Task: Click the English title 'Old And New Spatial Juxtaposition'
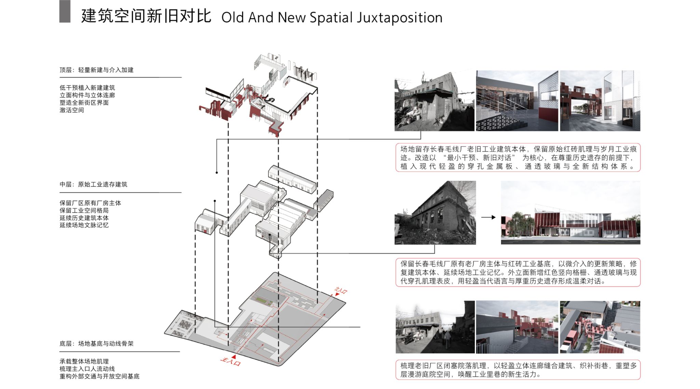[x=332, y=17]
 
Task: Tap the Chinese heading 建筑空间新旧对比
[x=146, y=16]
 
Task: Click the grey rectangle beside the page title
[x=65, y=11]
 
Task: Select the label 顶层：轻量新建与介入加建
[x=96, y=70]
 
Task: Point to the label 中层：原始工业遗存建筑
[x=93, y=184]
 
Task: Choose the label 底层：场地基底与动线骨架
[x=96, y=343]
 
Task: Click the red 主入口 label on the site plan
[x=230, y=361]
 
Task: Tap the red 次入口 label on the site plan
[x=340, y=291]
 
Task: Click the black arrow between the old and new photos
[x=488, y=217]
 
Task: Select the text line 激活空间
[x=72, y=110]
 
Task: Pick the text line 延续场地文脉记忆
[x=84, y=225]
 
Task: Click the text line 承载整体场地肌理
[x=84, y=361]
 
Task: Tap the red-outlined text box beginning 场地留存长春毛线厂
[x=518, y=157]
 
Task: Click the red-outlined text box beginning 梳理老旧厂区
[x=518, y=370]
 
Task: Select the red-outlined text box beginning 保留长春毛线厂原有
[x=518, y=272]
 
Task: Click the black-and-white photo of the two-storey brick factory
[x=435, y=212]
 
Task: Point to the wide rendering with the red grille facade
[x=570, y=212]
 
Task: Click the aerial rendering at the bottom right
[x=600, y=327]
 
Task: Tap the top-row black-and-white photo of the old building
[x=434, y=101]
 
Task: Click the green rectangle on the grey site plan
[x=261, y=300]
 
